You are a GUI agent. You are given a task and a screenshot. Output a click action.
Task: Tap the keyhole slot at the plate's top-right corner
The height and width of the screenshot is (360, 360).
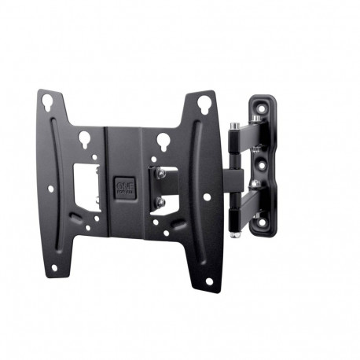point(203,101)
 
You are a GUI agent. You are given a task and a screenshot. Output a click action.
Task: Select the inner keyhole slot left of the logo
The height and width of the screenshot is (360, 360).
point(84,140)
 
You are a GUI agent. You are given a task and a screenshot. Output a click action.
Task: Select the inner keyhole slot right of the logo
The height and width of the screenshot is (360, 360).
point(163,141)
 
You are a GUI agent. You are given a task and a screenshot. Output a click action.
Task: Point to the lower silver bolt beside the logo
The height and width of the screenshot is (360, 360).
point(160,202)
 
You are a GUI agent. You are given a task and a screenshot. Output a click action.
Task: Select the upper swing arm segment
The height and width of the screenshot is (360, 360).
point(236,145)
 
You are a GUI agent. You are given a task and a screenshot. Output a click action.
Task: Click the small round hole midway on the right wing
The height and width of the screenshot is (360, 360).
point(207,197)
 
